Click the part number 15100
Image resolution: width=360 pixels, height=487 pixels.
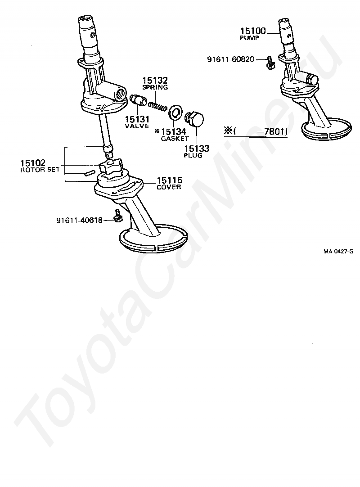point(253,31)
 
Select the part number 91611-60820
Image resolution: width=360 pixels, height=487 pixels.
point(231,59)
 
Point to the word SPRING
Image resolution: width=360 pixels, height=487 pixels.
point(155,87)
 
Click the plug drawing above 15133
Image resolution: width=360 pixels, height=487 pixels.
point(194,120)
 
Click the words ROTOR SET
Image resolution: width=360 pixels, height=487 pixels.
point(40,170)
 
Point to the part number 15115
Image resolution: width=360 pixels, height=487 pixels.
point(170,180)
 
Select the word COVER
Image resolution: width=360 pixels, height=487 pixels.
point(169,187)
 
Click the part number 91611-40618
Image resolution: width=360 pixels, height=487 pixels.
point(79,220)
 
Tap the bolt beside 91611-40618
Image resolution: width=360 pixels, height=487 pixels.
point(118,216)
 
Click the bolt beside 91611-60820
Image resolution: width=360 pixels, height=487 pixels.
point(270,63)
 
